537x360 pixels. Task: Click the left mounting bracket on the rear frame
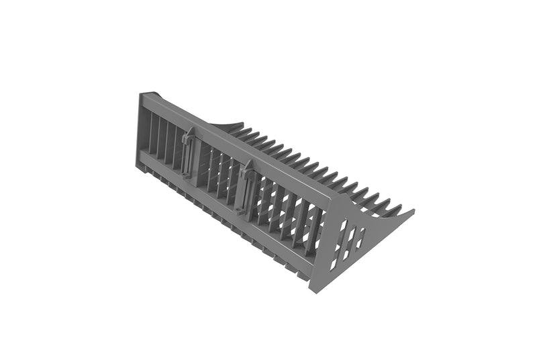coord(189,152)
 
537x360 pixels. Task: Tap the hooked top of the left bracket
coord(190,131)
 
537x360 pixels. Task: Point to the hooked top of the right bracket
coord(248,165)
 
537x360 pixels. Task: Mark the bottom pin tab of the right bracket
coord(242,210)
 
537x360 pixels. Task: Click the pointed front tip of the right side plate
coord(411,213)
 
